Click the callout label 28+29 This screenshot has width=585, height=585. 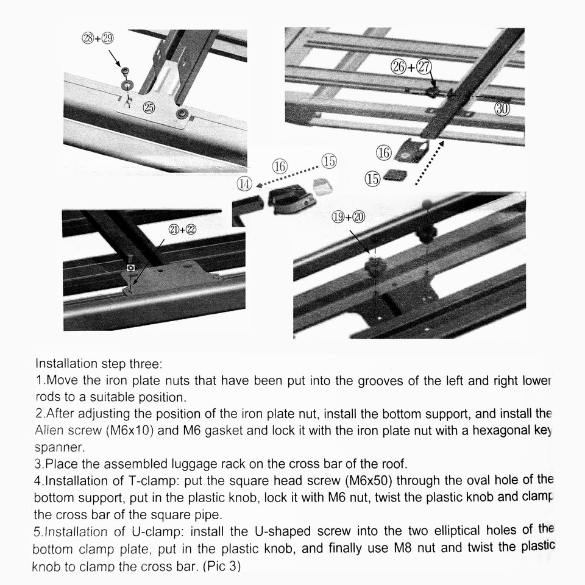(97, 38)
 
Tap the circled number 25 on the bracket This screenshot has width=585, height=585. (149, 107)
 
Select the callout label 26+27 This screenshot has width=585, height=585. (411, 67)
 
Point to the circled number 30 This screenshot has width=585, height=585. (502, 108)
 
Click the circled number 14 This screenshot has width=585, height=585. (244, 182)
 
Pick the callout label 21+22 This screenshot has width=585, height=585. (182, 229)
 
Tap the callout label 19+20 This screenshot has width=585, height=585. (348, 217)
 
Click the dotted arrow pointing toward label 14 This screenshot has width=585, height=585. (286, 176)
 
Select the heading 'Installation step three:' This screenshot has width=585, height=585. (99, 364)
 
